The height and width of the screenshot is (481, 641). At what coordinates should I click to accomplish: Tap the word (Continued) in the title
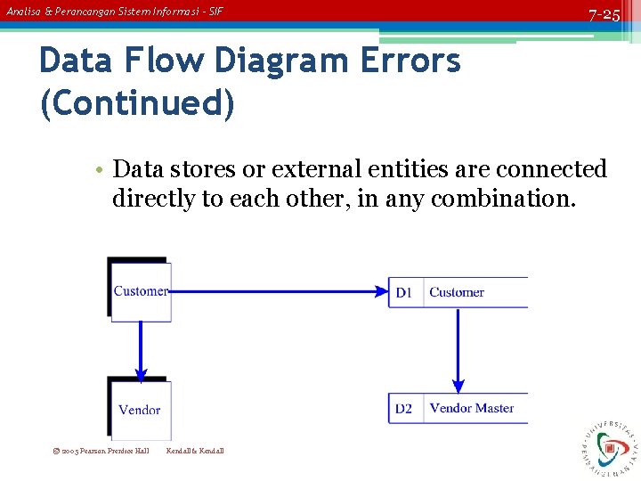(137, 103)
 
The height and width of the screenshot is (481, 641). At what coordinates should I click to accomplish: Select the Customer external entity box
(140, 290)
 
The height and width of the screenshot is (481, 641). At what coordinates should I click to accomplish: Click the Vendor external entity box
(140, 409)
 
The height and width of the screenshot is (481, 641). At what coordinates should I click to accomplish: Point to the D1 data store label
(404, 292)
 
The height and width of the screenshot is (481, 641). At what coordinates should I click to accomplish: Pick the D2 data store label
(404, 409)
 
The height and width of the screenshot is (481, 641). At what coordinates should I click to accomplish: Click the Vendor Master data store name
(472, 408)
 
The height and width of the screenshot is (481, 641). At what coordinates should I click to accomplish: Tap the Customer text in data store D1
(457, 292)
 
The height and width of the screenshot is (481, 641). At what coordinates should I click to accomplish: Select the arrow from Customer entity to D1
(276, 290)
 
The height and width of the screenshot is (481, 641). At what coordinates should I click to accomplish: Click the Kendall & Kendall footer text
(195, 451)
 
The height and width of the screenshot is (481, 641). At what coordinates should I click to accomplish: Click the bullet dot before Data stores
(104, 169)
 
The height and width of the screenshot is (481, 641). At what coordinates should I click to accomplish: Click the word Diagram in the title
(268, 61)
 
